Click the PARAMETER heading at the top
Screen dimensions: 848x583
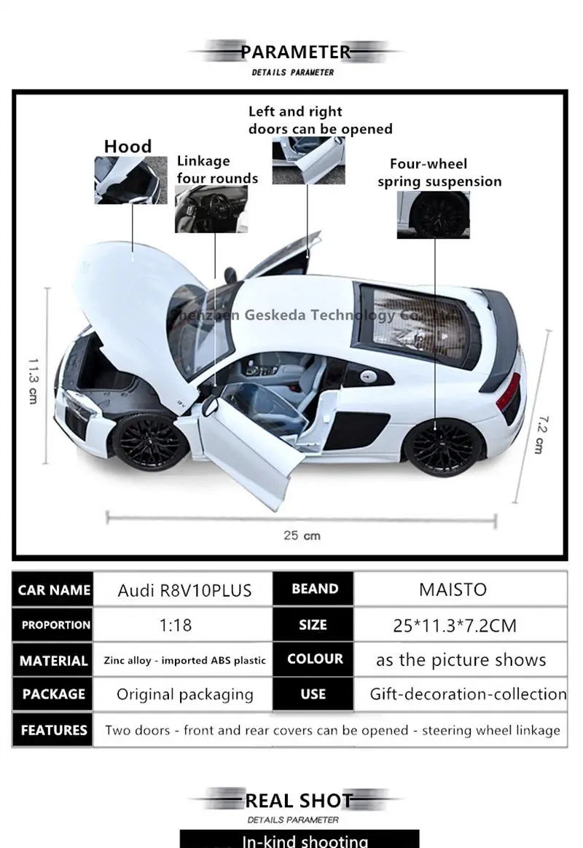coord(296,52)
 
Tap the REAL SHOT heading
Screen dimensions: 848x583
coord(299,801)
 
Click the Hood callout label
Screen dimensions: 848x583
coord(128,146)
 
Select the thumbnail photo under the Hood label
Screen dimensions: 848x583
coord(130,180)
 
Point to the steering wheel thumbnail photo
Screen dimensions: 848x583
coord(211,209)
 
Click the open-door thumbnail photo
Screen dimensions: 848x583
coord(308,160)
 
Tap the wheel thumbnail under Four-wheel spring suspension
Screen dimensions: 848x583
coord(433,215)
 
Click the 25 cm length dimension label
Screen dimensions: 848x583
coord(302,535)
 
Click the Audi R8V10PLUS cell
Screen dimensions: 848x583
coord(184,590)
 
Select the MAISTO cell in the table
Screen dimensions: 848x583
coord(453,589)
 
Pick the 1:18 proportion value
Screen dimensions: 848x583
coord(176,625)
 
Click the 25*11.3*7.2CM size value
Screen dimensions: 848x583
coord(455,625)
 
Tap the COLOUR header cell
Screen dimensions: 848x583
coord(315,659)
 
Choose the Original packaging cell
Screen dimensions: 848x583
coord(185,694)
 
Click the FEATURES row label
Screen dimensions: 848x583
coord(54,730)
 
